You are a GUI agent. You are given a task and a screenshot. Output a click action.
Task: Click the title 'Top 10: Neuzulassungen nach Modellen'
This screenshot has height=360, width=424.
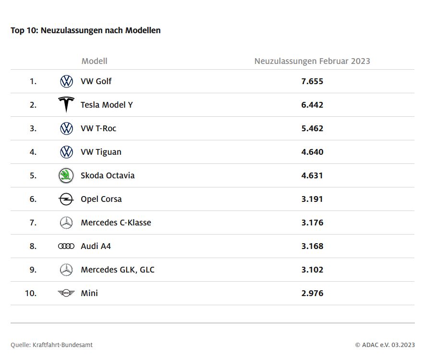tap(85, 30)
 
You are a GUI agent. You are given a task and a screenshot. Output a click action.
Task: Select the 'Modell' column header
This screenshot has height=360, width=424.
tap(94, 61)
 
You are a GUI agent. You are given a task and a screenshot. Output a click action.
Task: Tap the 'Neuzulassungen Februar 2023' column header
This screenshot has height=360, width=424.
tap(312, 61)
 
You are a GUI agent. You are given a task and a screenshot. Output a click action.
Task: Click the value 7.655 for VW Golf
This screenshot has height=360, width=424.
tap(312, 81)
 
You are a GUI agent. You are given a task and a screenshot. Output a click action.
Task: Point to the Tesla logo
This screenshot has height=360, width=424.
tap(66, 104)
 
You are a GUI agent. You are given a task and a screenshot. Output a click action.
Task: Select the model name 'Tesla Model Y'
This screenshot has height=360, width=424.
tap(107, 105)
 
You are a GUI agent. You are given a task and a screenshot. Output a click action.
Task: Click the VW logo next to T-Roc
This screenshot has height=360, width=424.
tap(66, 128)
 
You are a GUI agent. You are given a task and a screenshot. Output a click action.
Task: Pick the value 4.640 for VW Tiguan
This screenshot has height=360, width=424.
tap(312, 152)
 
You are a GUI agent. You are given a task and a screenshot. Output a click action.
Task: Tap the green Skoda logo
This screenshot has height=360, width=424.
tap(66, 175)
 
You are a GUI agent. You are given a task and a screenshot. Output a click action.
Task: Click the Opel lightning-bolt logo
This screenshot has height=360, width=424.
tap(66, 199)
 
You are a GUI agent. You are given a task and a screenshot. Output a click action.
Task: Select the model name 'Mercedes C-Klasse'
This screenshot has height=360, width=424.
tap(116, 223)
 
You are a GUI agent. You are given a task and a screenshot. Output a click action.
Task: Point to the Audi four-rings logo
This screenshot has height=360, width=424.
tap(66, 246)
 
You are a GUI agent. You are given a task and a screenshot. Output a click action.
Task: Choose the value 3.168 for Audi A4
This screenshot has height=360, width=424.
tap(312, 246)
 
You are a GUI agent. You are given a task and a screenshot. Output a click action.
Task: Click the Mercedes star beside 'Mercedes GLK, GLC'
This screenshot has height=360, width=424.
tap(66, 270)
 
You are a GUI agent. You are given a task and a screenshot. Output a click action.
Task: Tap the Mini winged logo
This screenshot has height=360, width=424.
tap(66, 293)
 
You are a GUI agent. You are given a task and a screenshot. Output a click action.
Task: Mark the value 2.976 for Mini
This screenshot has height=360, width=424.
tap(312, 293)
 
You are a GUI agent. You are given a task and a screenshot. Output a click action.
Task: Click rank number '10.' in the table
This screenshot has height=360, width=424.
tap(31, 293)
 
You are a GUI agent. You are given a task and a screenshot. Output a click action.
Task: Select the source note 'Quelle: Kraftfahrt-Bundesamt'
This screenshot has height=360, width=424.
tap(52, 345)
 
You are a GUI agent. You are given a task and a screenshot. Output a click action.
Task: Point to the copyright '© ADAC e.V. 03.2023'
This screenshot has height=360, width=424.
tap(385, 345)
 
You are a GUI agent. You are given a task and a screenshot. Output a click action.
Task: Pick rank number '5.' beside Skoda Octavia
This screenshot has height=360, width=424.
tap(33, 175)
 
